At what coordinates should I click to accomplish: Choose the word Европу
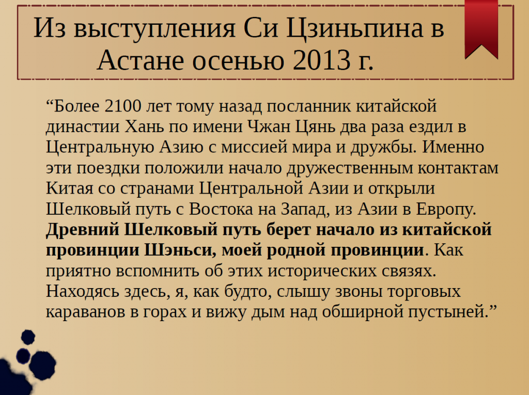[444, 209]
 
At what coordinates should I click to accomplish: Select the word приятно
[77, 271]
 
